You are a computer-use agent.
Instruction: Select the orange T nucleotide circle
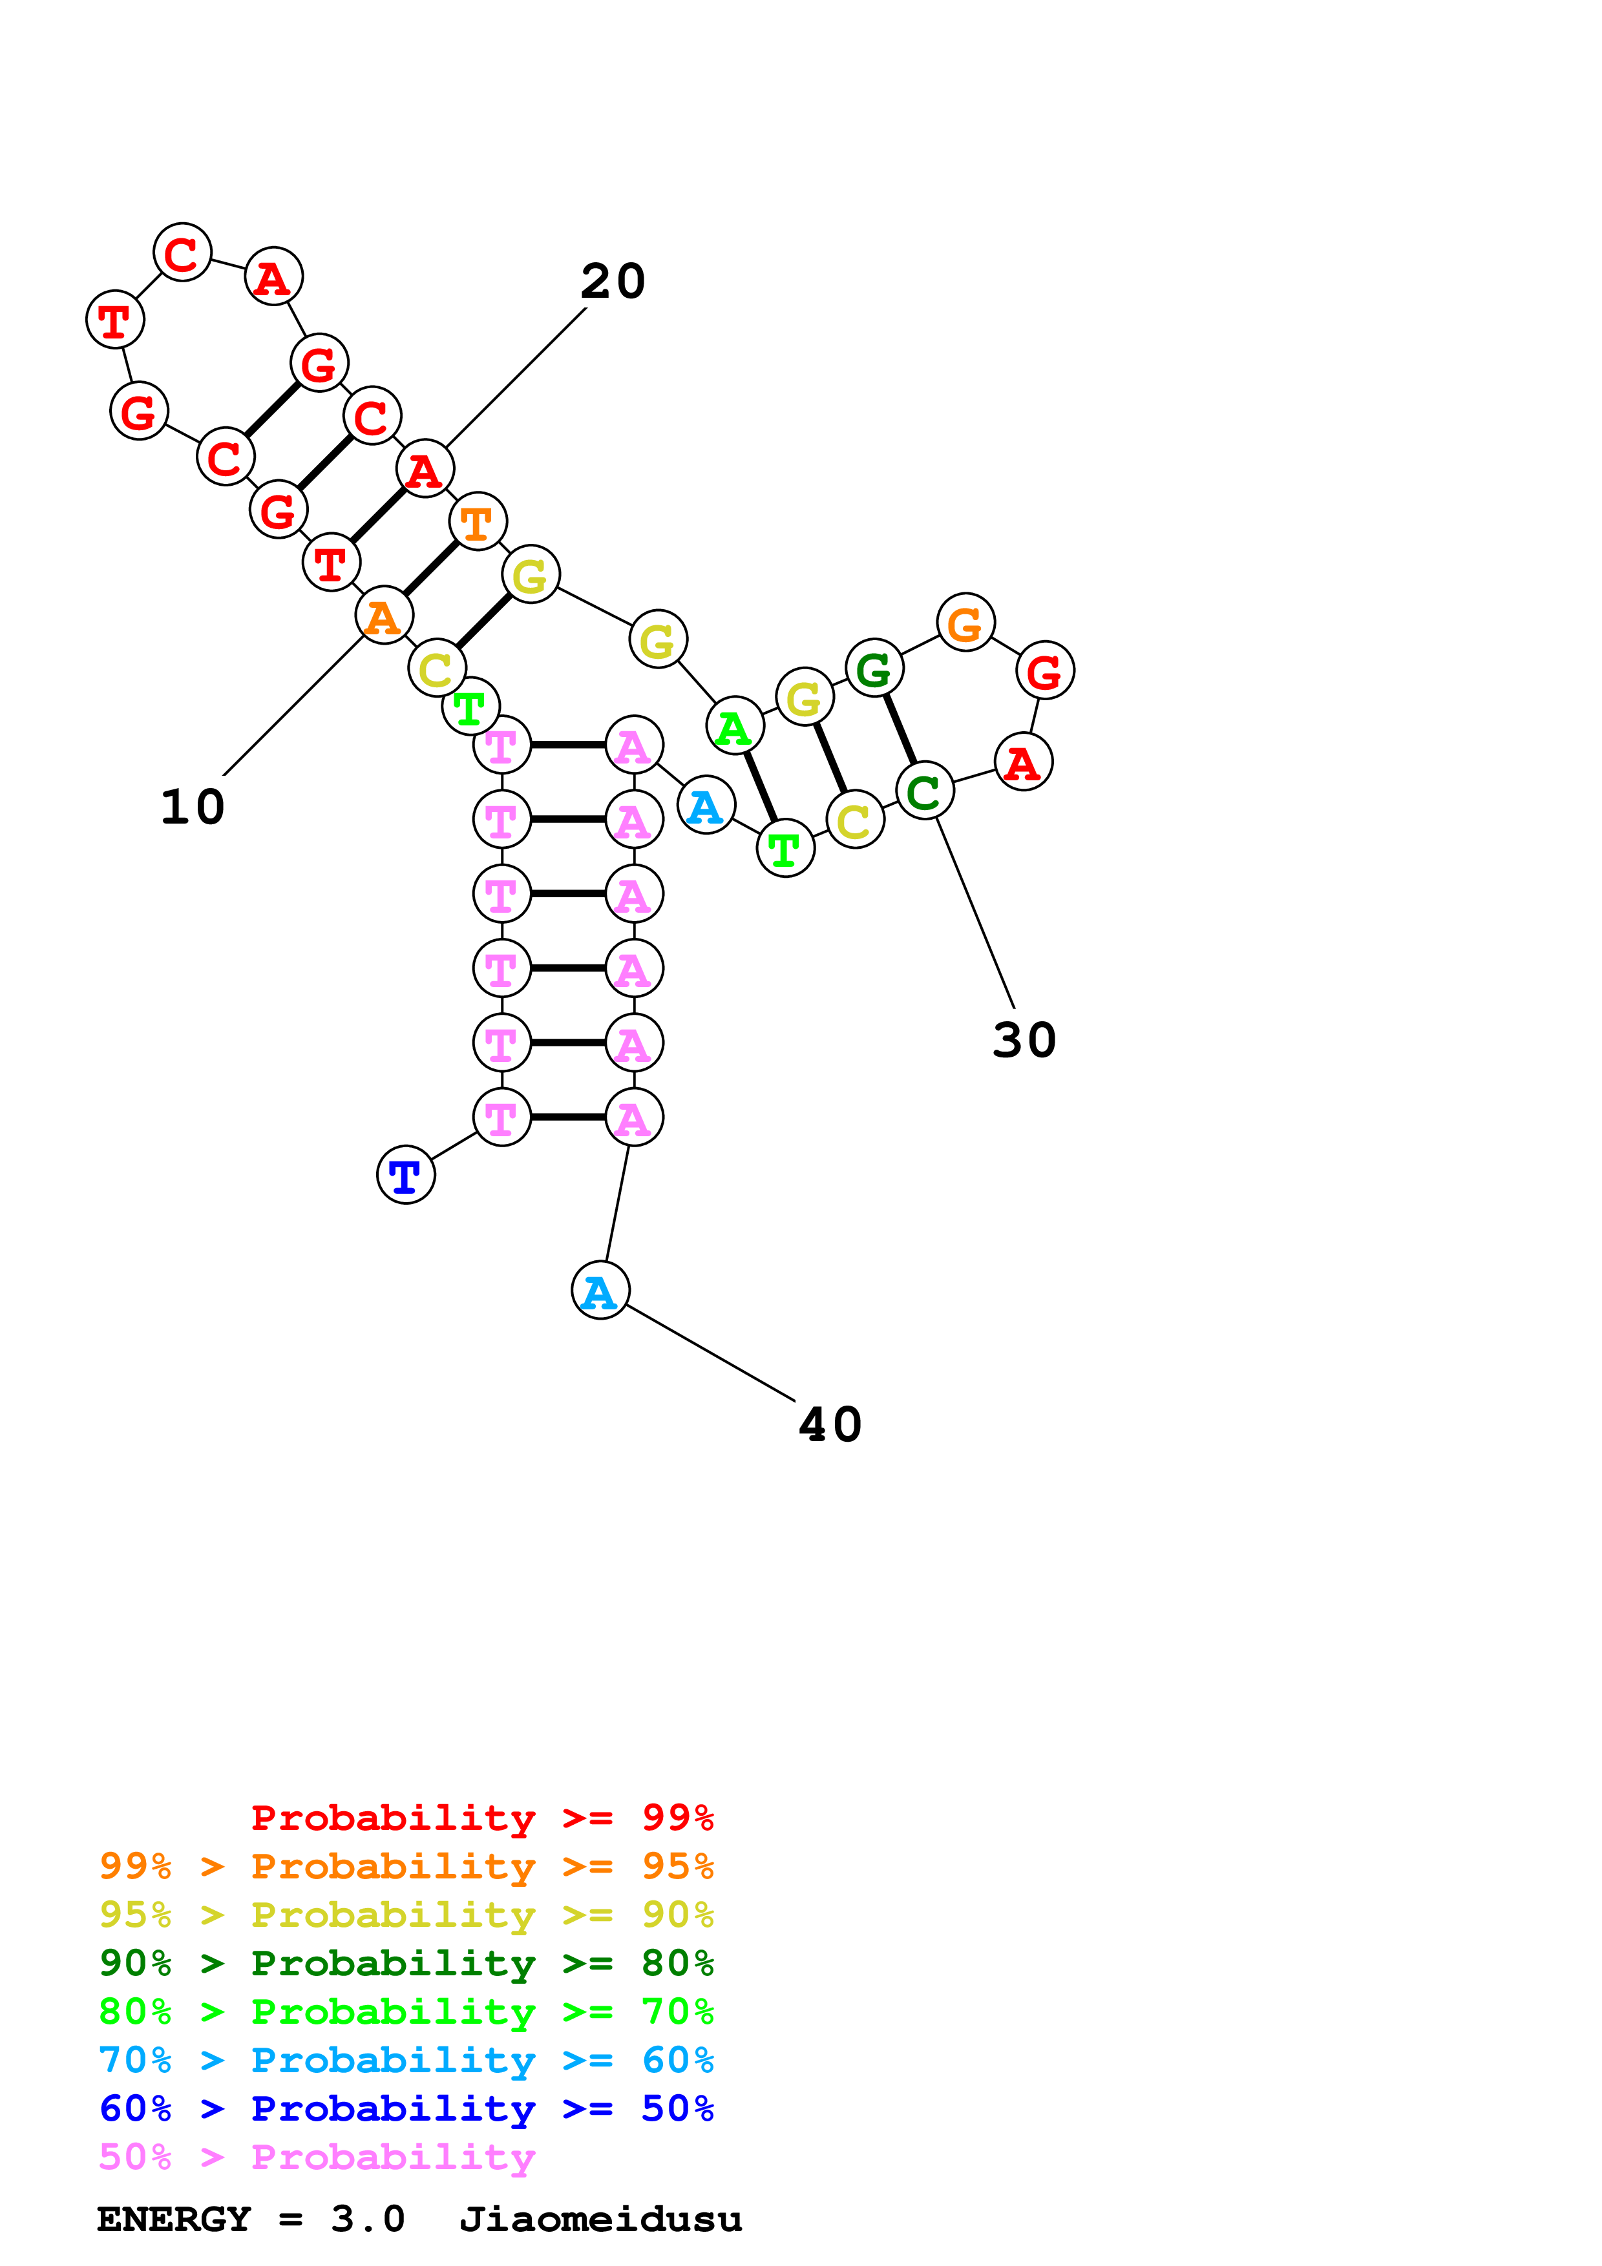478,521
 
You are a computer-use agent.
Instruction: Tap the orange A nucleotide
384,615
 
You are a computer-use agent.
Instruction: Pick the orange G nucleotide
965,622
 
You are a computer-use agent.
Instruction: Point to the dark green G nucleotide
874,668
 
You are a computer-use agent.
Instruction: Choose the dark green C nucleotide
925,791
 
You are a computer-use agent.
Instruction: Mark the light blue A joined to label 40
600,1290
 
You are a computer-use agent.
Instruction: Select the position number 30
1024,1040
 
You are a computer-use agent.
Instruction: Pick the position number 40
830,1425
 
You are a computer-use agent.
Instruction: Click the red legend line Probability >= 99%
481,1818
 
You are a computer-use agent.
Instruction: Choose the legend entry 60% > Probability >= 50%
406,2109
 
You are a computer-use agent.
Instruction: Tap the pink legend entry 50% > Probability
317,2157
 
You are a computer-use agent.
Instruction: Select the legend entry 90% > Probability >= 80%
406,1963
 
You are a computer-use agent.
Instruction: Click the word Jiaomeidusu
600,2219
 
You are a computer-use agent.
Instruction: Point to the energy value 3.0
367,2219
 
